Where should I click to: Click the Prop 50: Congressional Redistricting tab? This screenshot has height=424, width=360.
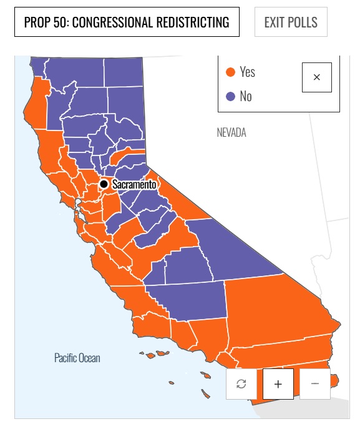127,22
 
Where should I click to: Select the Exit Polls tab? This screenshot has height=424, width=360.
291,22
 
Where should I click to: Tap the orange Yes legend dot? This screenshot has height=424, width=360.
231,72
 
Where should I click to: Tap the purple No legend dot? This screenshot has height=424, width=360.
231,96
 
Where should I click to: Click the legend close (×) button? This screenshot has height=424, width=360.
316,77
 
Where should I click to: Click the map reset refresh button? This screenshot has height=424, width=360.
241,383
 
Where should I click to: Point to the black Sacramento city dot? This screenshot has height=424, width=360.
104,184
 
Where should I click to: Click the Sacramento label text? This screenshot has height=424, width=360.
134,185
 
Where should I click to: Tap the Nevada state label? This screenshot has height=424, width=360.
231,132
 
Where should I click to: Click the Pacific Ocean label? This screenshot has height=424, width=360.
77,358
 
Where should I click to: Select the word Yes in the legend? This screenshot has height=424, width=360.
247,72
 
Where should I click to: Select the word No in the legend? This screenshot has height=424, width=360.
246,96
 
